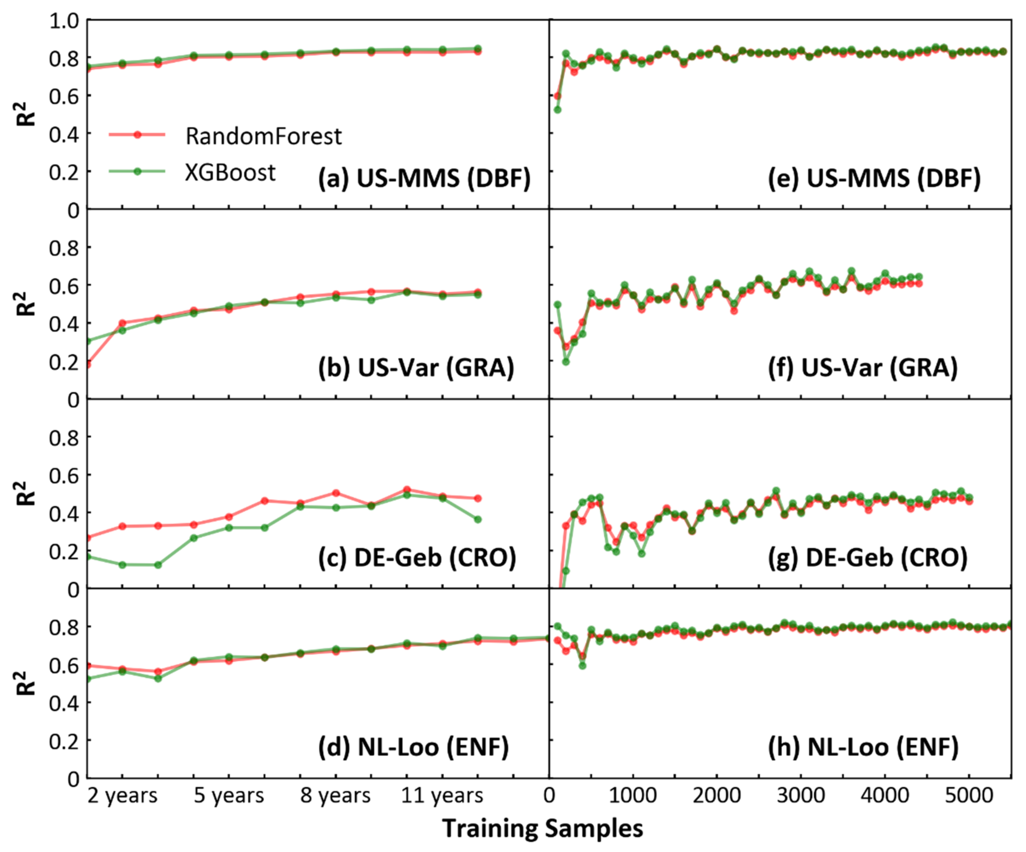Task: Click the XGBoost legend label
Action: pos(230,172)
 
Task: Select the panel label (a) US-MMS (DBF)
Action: pos(424,179)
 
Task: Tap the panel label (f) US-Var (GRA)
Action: pos(862,368)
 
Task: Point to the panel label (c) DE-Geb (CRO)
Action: pos(417,558)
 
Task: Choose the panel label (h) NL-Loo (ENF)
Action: pos(863,747)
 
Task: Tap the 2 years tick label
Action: pos(123,796)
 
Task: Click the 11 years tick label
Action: pos(442,796)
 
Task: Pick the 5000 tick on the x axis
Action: pos(969,796)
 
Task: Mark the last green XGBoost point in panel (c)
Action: pos(478,519)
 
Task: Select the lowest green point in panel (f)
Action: pos(566,362)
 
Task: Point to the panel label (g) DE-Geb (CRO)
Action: pos(867,558)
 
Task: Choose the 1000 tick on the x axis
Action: pos(633,796)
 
